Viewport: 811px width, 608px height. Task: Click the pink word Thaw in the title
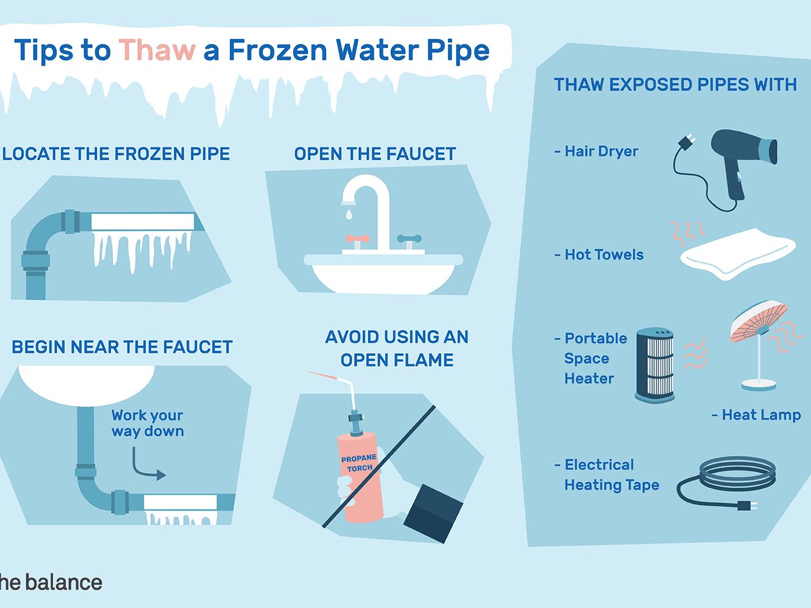(x=157, y=50)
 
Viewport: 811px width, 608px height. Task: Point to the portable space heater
(x=655, y=365)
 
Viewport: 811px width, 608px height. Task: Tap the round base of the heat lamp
(x=759, y=385)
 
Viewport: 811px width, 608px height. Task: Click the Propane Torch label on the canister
(x=359, y=463)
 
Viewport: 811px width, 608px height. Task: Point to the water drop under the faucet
(x=349, y=214)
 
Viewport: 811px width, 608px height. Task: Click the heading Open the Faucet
(x=375, y=154)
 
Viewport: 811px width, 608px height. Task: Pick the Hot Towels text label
(x=599, y=255)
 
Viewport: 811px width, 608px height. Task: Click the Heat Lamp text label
(x=756, y=415)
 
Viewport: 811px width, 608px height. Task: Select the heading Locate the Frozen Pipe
(x=116, y=154)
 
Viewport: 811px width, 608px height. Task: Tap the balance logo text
(x=50, y=582)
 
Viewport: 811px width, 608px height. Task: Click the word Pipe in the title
(x=458, y=51)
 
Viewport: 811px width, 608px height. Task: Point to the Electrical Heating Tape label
(x=607, y=475)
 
